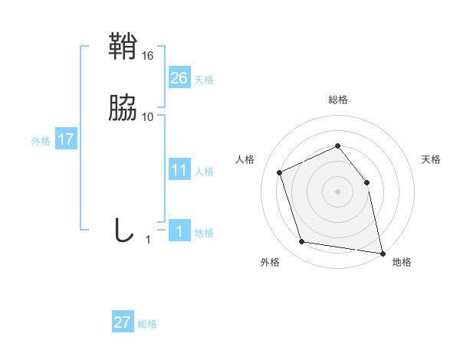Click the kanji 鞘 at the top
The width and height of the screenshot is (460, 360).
pos(123,47)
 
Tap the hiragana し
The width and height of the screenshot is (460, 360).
pos(123,231)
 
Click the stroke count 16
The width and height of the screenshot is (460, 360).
pos(148,56)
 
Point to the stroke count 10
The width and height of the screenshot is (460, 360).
pos(148,116)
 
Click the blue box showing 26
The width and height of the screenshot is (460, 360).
pos(179,78)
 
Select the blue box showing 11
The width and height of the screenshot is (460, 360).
pos(179,170)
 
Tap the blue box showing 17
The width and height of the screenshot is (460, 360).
pos(66,140)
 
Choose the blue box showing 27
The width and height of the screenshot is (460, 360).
pos(123,322)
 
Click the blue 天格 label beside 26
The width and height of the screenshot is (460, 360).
pos(204,80)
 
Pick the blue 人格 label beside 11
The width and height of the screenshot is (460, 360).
pos(204,172)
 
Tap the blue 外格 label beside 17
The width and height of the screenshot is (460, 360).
pos(41,141)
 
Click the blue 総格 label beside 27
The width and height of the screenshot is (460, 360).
pos(147,324)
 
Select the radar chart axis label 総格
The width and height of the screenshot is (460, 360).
pos(338,100)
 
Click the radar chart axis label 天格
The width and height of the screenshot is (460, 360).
pos(431,159)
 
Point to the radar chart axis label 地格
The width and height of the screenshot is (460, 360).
pos(402,262)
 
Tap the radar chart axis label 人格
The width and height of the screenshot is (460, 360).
pos(245,159)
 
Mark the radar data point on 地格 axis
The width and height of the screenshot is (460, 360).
pos(382,252)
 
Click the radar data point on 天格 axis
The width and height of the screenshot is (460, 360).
pos(366,182)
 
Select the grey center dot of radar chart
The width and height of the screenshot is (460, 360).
pos(338,191)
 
